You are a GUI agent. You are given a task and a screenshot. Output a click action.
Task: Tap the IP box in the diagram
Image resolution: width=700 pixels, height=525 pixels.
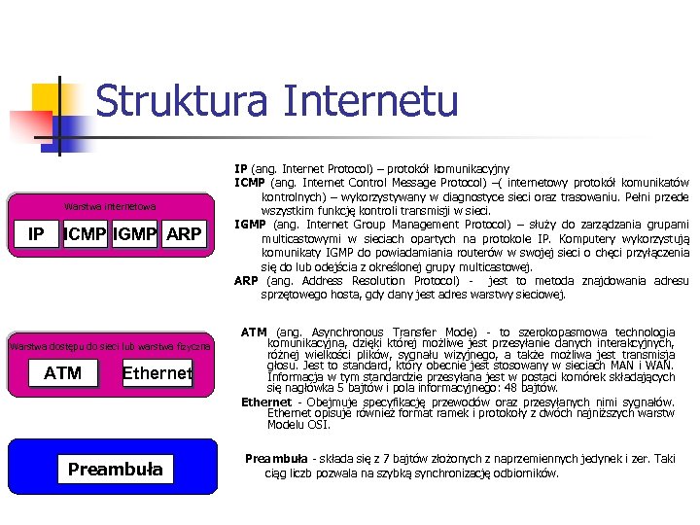pyautogui.click(x=36, y=234)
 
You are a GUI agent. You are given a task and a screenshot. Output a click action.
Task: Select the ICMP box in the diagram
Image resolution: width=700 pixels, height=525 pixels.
pyautogui.click(x=85, y=234)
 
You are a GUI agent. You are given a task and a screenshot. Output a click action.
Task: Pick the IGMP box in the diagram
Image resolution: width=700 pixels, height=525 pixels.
pyautogui.click(x=135, y=234)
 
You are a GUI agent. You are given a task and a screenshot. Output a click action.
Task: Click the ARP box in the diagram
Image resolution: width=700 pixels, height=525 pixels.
pyautogui.click(x=184, y=234)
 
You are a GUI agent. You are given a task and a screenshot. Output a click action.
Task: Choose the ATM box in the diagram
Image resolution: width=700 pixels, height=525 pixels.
pyautogui.click(x=63, y=372)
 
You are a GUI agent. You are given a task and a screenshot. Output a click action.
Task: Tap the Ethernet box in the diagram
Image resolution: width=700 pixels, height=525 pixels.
pyautogui.click(x=157, y=372)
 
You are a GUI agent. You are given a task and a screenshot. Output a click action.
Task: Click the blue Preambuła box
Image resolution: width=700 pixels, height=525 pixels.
pyautogui.click(x=116, y=471)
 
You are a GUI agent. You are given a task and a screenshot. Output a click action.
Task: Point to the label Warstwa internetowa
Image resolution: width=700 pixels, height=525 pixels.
pyautogui.click(x=109, y=206)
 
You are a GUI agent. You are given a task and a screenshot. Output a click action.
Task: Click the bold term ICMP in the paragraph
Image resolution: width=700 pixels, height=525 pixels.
pyautogui.click(x=251, y=183)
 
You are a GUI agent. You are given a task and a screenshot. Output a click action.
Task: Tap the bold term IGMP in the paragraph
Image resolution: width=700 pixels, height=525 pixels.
pyautogui.click(x=251, y=225)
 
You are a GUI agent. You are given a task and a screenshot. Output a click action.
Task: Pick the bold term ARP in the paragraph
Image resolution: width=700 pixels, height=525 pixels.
pyautogui.click(x=246, y=281)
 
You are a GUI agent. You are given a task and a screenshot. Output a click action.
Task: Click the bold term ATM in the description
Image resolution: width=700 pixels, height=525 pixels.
pyautogui.click(x=254, y=332)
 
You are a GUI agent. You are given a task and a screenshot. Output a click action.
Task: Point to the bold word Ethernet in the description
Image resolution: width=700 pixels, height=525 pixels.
pyautogui.click(x=265, y=402)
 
